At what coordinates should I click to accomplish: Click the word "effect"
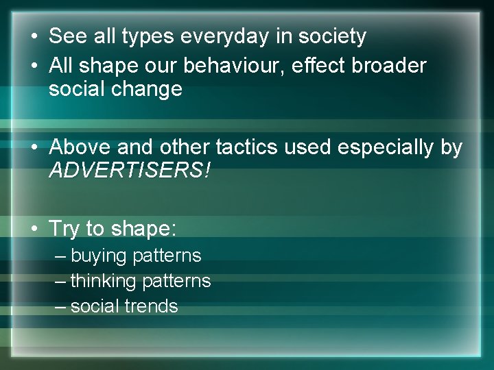pyautogui.click(x=320, y=66)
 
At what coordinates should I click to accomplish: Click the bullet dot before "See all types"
pyautogui.click(x=34, y=37)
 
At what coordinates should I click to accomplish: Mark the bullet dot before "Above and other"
pyautogui.click(x=34, y=148)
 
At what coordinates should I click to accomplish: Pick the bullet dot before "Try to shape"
pyautogui.click(x=34, y=229)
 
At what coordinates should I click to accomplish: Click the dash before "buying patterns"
pyautogui.click(x=60, y=256)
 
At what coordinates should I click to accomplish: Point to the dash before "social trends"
pyautogui.click(x=60, y=306)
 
